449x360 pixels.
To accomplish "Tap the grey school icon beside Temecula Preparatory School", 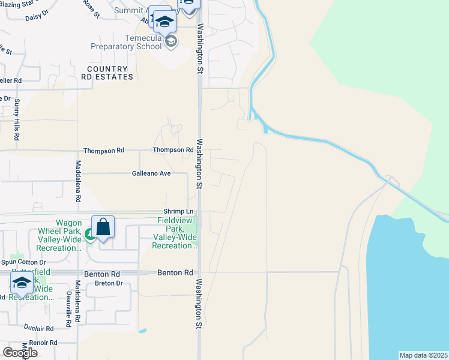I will click(x=171, y=41).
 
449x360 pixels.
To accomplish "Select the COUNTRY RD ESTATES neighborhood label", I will click(x=107, y=73).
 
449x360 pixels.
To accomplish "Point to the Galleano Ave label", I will click(x=151, y=173).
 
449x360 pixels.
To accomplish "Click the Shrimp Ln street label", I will click(x=179, y=212).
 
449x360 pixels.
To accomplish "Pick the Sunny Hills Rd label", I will click(x=17, y=120).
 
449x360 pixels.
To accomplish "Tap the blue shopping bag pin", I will click(x=103, y=227).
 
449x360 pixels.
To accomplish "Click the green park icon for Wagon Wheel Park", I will click(x=89, y=234).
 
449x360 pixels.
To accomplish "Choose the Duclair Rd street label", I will click(x=38, y=328).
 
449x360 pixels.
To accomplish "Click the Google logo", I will click(x=20, y=353).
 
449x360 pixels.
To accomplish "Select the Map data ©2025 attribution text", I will click(x=423, y=355).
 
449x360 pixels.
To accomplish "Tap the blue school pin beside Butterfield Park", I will click(x=22, y=283).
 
